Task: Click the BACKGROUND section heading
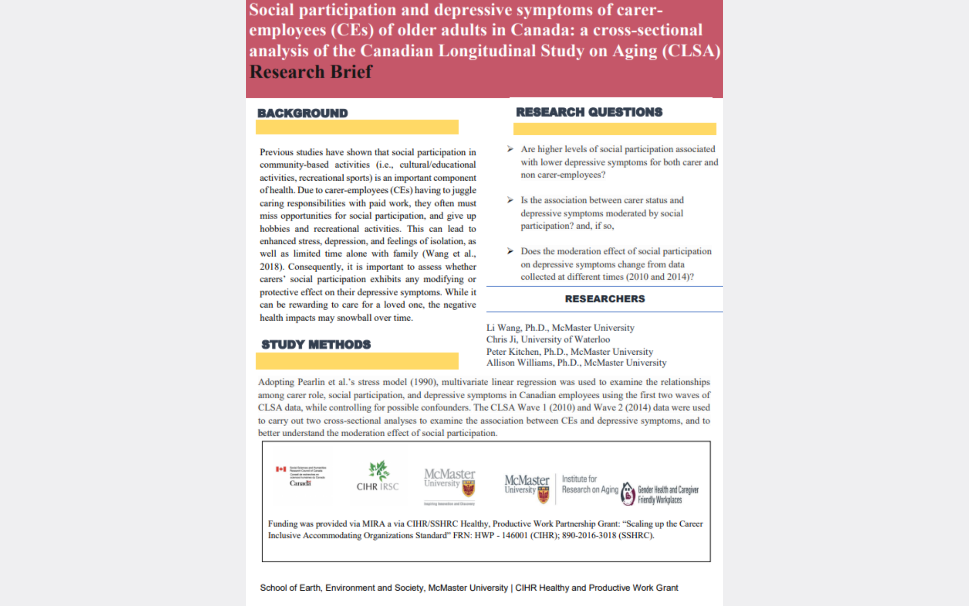pos(302,113)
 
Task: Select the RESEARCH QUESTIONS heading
pos(589,112)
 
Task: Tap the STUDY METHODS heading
pos(316,345)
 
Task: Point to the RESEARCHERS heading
pos(605,299)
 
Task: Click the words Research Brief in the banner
pos(310,72)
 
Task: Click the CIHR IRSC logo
pos(378,477)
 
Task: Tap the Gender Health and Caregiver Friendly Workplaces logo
pos(660,494)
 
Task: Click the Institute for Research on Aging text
pos(590,484)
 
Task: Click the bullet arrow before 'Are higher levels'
pos(510,149)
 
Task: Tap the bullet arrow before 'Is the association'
pos(510,200)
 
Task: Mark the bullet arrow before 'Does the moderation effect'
pos(510,251)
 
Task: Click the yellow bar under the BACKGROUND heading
pos(357,127)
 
